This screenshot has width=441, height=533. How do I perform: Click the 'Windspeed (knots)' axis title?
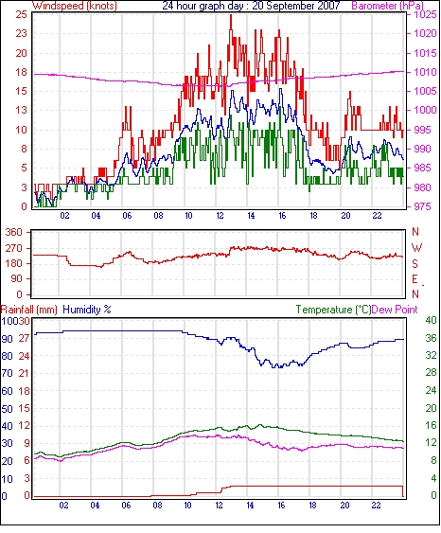tap(75, 6)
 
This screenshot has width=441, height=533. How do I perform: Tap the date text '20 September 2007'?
tap(296, 6)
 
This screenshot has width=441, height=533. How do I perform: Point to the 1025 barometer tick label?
tap(425, 14)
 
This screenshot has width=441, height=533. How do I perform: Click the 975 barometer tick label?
tap(424, 206)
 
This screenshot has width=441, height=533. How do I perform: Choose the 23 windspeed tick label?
tap(21, 34)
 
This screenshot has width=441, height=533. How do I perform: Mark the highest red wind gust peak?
tap(231, 16)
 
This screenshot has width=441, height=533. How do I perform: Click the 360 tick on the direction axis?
tap(14, 233)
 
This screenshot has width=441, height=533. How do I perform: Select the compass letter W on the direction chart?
tap(416, 248)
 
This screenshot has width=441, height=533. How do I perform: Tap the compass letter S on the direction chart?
tap(415, 264)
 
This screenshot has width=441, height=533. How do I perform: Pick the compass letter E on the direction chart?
tap(415, 279)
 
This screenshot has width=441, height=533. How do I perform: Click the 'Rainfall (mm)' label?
tap(29, 310)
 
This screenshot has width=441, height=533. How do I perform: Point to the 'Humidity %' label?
tap(87, 310)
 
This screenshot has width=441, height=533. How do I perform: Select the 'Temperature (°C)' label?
tap(333, 310)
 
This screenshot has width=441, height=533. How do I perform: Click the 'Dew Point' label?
tap(395, 310)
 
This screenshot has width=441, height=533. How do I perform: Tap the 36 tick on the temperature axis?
tap(431, 338)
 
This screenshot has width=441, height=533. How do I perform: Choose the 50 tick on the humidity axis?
tap(7, 409)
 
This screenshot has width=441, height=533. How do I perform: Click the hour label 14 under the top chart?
tap(251, 216)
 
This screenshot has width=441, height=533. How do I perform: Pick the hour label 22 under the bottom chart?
tap(376, 506)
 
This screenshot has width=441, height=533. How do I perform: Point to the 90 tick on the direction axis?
tap(17, 279)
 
